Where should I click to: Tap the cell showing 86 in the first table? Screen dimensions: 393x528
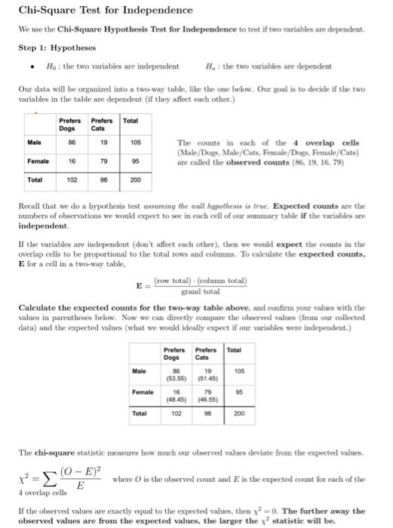click(72, 141)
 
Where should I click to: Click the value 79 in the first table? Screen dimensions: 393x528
click(103, 161)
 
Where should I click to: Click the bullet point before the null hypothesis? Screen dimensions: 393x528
click(28, 66)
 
